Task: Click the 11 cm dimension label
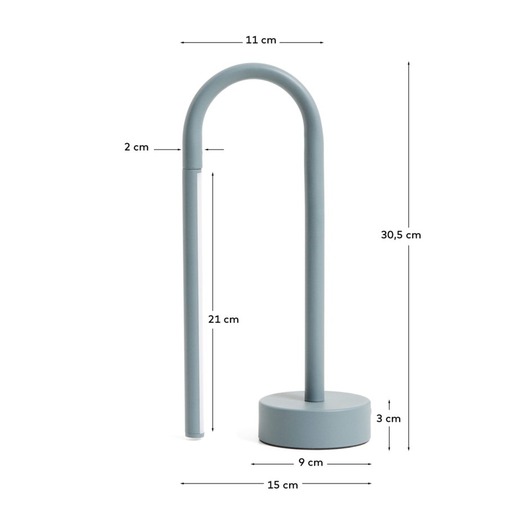click(261, 40)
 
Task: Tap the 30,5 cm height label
click(401, 235)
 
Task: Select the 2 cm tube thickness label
click(136, 147)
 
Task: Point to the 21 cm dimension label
click(223, 319)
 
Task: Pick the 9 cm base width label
click(310, 463)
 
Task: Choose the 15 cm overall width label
click(282, 485)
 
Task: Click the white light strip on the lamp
click(201, 304)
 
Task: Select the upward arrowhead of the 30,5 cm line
click(409, 64)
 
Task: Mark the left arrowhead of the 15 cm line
click(183, 483)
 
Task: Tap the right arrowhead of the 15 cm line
click(369, 483)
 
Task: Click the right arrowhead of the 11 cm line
click(322, 42)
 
